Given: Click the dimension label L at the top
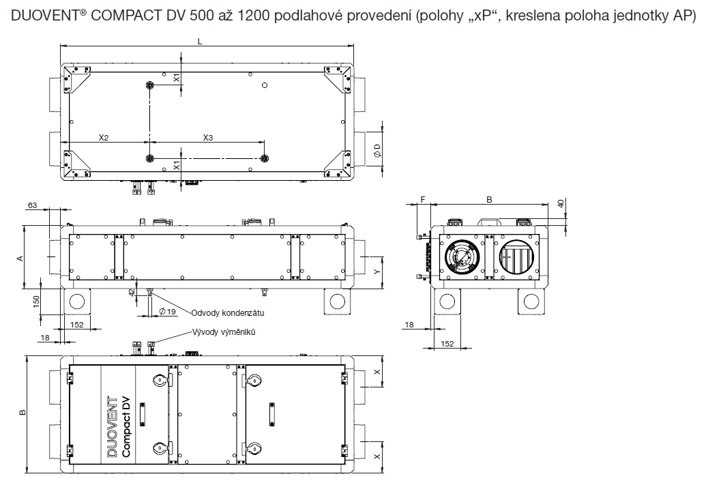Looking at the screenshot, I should coord(199,41).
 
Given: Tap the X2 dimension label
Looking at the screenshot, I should coord(104,138).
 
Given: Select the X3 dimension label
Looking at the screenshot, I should coord(208,138).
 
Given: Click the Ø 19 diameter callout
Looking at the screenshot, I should coord(166,311).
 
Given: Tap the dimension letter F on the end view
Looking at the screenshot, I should coord(423,200).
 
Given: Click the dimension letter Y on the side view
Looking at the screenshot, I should coord(377,271).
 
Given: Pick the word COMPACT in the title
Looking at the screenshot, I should coord(113,16).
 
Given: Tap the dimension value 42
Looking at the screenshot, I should coord(132,292).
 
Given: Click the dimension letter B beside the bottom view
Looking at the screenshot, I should coord(22,413).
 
